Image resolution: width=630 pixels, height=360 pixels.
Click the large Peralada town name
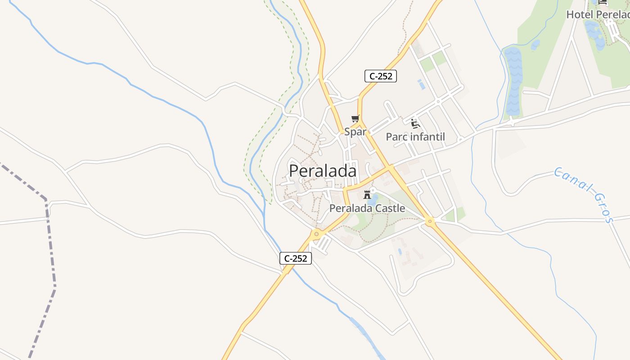[323, 171]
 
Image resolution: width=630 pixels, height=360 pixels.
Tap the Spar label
[355, 132]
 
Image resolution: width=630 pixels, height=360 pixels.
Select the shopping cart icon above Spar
[355, 119]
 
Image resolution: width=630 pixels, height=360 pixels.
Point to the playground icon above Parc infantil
[415, 123]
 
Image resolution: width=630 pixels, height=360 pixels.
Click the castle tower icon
[367, 195]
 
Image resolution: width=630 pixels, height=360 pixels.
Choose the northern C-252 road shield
[381, 76]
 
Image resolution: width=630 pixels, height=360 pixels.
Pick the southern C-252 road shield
[296, 258]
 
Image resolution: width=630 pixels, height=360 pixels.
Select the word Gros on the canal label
[603, 207]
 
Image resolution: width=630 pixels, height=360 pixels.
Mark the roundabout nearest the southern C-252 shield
[317, 234]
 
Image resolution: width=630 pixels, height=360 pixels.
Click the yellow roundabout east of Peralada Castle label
[430, 221]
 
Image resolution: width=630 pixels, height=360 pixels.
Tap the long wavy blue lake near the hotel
[513, 81]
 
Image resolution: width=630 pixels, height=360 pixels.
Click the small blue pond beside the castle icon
[373, 199]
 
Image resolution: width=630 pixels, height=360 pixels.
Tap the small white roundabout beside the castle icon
[373, 190]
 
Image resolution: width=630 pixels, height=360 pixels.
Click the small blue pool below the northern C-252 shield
[421, 84]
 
